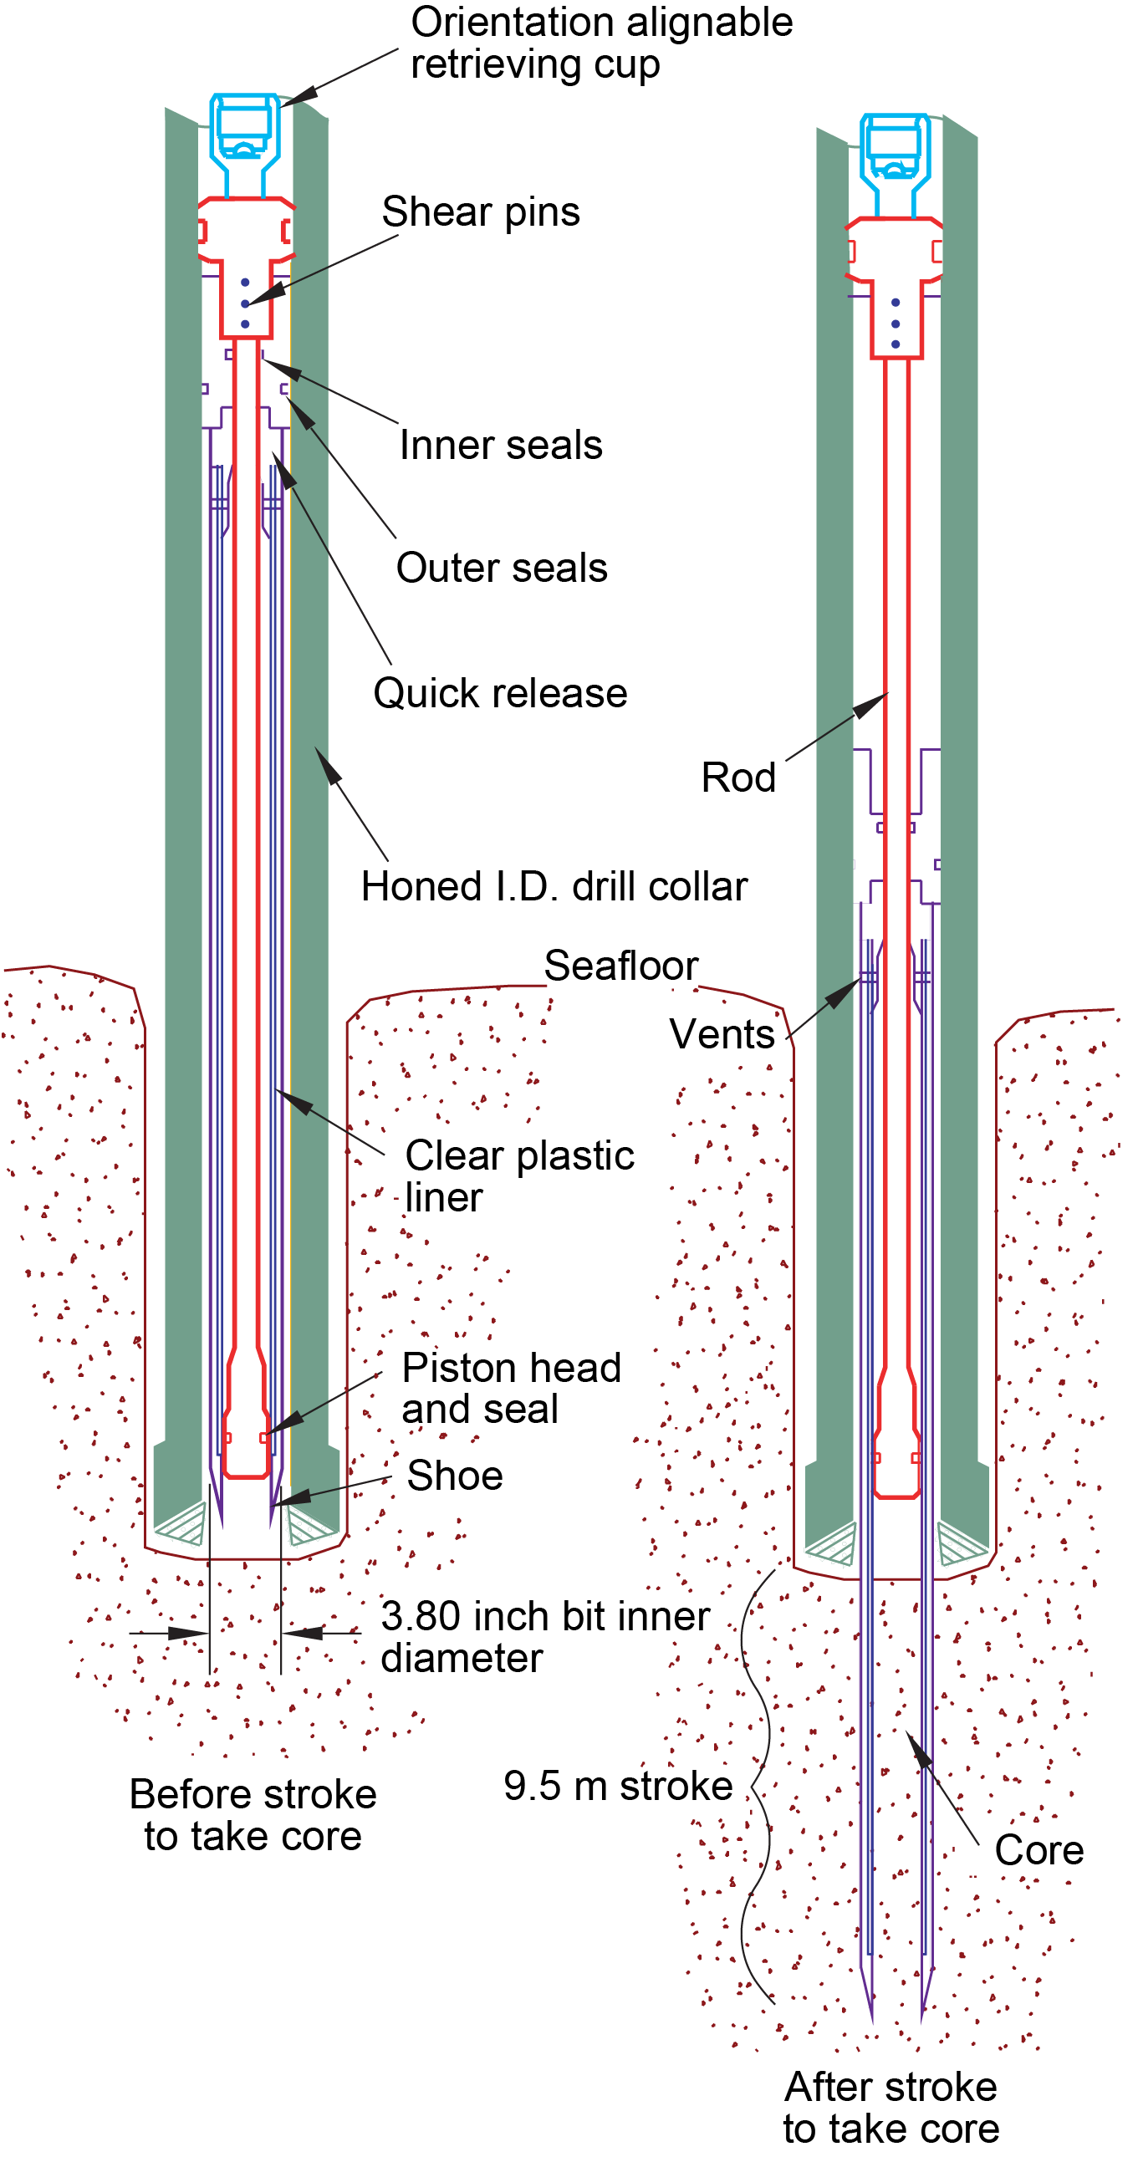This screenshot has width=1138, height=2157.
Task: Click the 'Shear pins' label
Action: [481, 212]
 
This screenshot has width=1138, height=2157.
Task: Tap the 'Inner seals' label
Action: [501, 445]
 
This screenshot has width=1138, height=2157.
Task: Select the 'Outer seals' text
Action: [502, 568]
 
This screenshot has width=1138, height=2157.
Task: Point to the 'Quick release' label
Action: [500, 693]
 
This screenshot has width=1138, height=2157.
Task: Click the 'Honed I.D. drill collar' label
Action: [554, 886]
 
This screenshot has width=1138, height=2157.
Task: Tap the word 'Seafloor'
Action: [621, 966]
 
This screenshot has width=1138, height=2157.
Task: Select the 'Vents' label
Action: [722, 1034]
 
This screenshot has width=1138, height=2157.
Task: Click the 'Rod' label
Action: [738, 777]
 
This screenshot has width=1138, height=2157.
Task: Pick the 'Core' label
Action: [1039, 1850]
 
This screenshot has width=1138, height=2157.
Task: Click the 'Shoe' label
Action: [455, 1476]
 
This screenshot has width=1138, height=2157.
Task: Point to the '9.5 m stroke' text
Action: [618, 1786]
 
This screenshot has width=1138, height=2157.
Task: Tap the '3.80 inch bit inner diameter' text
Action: [545, 1636]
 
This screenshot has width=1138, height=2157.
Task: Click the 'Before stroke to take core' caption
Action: [253, 1815]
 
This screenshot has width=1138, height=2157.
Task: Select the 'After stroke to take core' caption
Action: [891, 2108]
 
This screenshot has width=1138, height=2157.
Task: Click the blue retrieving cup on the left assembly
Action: [244, 142]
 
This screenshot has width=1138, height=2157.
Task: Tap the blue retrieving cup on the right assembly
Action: [896, 163]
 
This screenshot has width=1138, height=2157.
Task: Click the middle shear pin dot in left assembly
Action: [244, 303]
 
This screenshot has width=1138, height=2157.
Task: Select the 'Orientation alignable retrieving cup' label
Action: [601, 43]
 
